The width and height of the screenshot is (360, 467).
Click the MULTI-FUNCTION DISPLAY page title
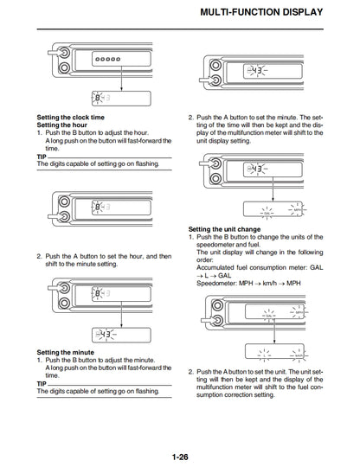pyautogui.click(x=261, y=13)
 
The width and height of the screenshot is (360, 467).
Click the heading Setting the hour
pyautogui.click(x=66, y=124)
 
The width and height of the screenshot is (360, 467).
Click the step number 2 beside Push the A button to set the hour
pyautogui.click(x=39, y=257)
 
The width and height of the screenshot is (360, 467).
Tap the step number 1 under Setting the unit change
pyautogui.click(x=191, y=236)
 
